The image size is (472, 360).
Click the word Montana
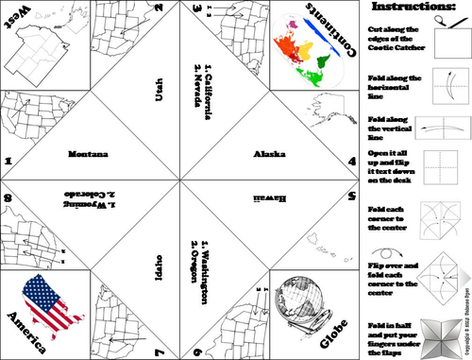coord(89,153)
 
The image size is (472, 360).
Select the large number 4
coord(351,162)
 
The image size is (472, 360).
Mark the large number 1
coord(8,162)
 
